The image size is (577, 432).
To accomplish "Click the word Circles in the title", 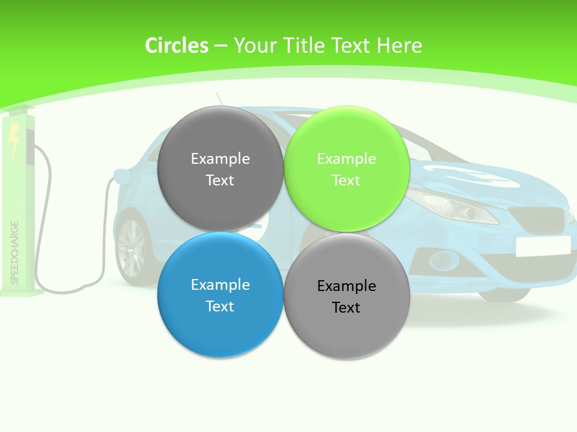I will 176,46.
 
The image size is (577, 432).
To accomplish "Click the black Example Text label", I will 346,296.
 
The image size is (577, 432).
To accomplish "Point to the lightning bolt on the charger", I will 14,138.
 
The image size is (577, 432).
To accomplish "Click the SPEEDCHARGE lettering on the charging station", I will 14,252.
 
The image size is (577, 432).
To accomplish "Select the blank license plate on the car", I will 543,246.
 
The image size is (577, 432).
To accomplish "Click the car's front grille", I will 536,218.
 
